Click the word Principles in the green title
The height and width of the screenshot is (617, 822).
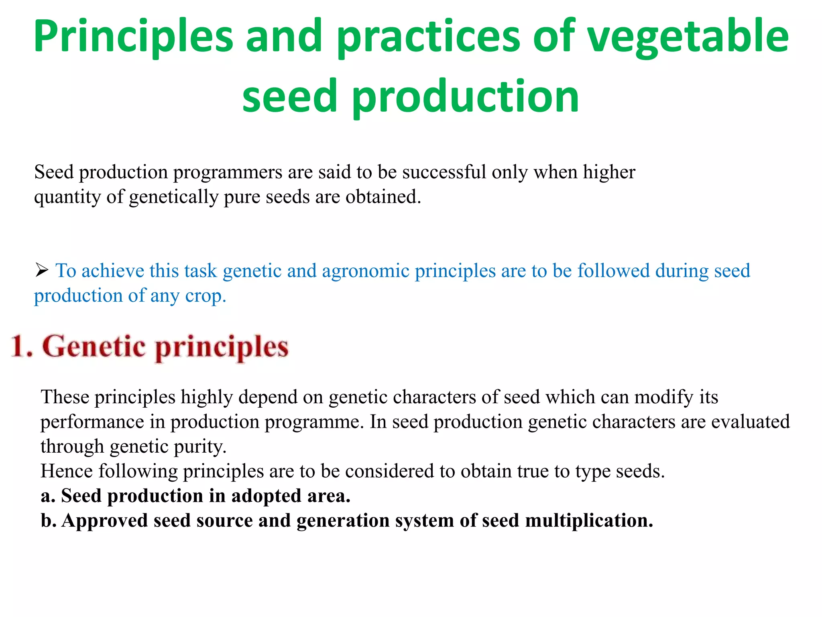(x=133, y=37)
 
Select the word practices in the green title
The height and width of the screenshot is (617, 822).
(x=428, y=37)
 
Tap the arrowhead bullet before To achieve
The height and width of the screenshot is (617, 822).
(x=41, y=270)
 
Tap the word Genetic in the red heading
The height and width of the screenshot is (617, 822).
(x=94, y=346)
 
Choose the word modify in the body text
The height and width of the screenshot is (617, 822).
(x=663, y=397)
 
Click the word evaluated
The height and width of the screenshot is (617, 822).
(x=750, y=422)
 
